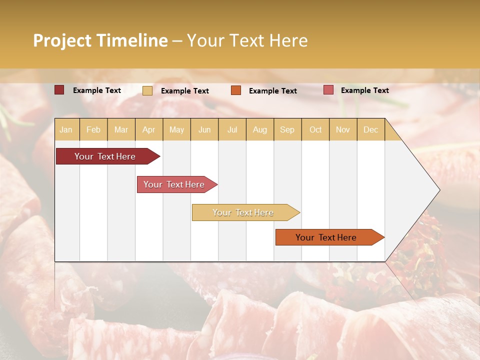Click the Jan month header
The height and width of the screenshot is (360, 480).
point(66,129)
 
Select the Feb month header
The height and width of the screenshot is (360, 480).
point(93,129)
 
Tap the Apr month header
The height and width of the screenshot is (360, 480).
point(149,129)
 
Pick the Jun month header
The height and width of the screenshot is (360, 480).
point(204,129)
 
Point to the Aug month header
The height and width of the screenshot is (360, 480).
point(260,129)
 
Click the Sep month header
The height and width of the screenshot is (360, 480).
point(287,129)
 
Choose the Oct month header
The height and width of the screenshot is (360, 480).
point(315,129)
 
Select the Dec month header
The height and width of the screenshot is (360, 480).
point(371,129)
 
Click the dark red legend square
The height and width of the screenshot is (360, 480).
point(59,90)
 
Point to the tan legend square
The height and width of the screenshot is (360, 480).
point(147,90)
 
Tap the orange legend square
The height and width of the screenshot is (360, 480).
point(236,90)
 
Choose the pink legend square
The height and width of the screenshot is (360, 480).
point(328,90)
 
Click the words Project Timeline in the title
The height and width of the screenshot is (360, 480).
point(100,40)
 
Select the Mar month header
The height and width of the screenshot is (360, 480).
point(121,129)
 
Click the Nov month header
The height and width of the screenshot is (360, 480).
point(343,129)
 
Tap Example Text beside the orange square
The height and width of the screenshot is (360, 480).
point(272,91)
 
